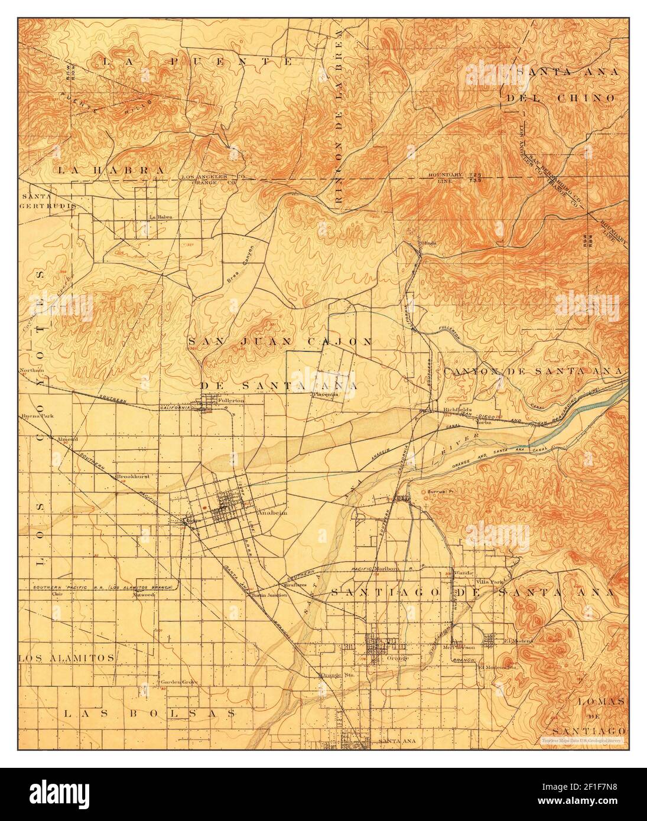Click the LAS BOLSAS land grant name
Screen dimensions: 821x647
[x=149, y=713]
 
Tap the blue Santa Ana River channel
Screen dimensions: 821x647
[x=582, y=413]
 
